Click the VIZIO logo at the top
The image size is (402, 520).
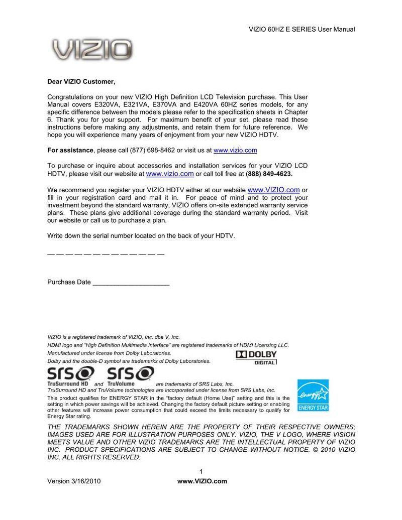tap(92, 50)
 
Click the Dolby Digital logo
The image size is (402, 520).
tap(256, 357)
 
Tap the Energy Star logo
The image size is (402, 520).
tap(313, 395)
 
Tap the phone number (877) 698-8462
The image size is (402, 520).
tap(152, 150)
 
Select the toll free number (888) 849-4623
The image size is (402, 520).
tap(269, 174)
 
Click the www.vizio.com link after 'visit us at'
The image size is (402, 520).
tap(235, 150)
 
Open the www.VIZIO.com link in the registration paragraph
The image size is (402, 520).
tap(274, 190)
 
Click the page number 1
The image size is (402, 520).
tap(201, 471)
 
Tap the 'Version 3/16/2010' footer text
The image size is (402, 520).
tap(74, 481)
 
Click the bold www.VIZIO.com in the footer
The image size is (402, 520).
tap(203, 481)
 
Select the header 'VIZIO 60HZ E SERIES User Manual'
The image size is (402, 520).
tap(302, 29)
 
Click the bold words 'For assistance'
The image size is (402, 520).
tap(70, 150)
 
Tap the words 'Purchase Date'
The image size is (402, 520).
tap(69, 282)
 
